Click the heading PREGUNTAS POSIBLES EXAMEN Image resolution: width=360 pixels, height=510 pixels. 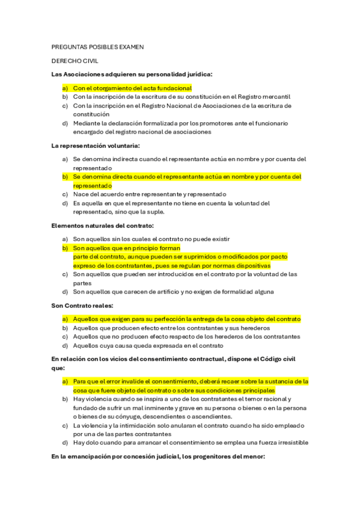pos(97,47)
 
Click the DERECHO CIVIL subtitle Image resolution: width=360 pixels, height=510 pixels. pos(75,61)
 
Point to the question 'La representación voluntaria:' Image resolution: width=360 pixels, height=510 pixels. pos(96,146)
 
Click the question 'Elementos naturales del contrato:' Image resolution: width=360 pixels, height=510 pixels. pos(102,226)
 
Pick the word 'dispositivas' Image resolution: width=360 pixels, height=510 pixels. pos(251,265)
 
